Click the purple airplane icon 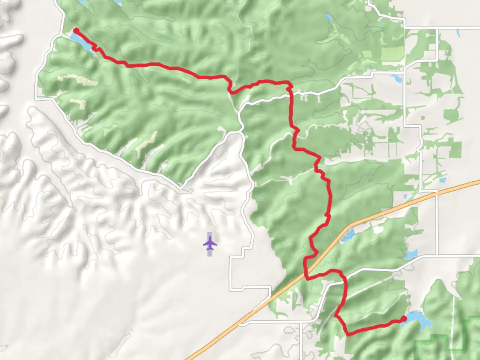point(210,243)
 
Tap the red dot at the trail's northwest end point(76,31)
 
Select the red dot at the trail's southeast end point(404,319)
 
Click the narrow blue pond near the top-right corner point(459,33)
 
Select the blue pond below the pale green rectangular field point(397,79)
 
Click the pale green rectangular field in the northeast point(392,54)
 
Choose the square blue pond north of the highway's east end point(442,180)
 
